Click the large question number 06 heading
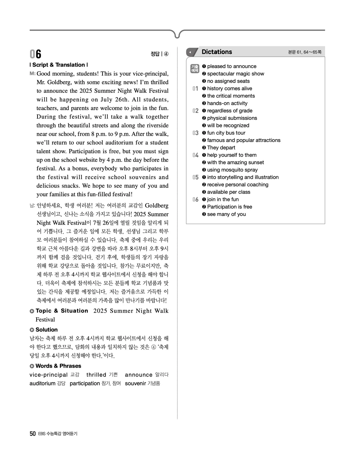tap(35, 54)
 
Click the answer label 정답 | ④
tap(159, 54)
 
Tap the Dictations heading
tap(217, 52)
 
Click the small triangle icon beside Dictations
tap(190, 52)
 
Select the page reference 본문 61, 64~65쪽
tap(305, 52)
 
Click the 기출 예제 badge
tap(195, 68)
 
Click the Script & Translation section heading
tap(59, 65)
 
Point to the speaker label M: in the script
tap(32, 74)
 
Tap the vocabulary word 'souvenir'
tap(135, 383)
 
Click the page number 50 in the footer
tap(33, 434)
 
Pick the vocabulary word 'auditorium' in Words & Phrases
tap(42, 383)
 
